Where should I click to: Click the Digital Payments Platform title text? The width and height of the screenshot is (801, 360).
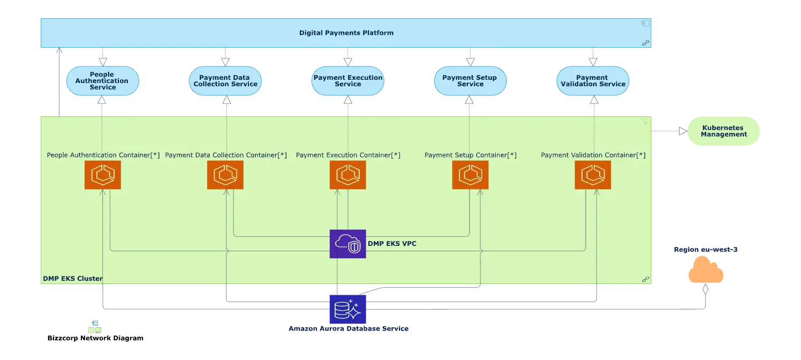[x=346, y=33]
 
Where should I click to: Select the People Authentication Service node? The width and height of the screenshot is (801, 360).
[x=102, y=81]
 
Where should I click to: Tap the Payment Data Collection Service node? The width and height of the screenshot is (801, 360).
[x=225, y=81]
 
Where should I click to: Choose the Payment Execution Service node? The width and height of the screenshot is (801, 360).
[x=348, y=81]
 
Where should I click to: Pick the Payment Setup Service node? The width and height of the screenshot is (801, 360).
[x=470, y=81]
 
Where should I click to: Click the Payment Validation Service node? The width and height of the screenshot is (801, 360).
[x=593, y=81]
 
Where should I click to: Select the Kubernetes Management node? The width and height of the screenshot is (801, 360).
[x=723, y=131]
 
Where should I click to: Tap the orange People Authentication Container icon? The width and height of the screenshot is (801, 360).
[x=103, y=175]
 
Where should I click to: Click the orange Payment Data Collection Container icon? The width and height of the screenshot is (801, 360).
[x=225, y=175]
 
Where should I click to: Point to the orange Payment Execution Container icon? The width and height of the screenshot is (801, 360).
[x=348, y=175]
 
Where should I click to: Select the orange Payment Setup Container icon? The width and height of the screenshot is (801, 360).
[x=470, y=175]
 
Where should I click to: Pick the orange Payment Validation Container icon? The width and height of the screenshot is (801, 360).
[x=593, y=175]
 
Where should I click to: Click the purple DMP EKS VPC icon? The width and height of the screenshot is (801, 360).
[x=348, y=244]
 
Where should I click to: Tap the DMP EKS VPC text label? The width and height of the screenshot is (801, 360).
[x=392, y=244]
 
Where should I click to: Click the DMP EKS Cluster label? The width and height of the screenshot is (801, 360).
[x=72, y=279]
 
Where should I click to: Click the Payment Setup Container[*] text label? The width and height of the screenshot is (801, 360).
[x=470, y=155]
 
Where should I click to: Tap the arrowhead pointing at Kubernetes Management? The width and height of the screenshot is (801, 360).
[x=682, y=131]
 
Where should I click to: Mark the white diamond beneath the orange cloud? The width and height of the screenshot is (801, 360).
[x=706, y=289]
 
